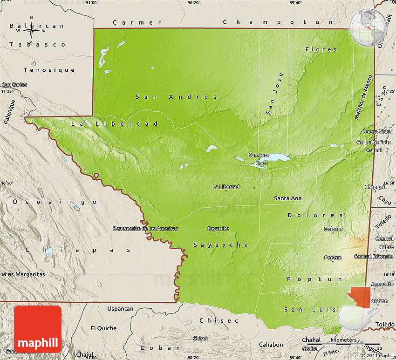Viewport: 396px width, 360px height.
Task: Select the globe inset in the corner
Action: click(x=369, y=27)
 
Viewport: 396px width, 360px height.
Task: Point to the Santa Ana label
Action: click(x=287, y=198)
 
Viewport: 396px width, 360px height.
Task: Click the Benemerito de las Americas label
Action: click(x=145, y=229)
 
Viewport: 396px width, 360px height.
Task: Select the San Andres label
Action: click(x=176, y=97)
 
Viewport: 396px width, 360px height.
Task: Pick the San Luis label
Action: click(x=302, y=310)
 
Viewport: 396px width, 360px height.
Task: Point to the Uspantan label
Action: click(x=120, y=309)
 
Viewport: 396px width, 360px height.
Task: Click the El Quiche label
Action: click(x=103, y=328)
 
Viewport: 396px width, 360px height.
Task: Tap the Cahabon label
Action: click(x=271, y=345)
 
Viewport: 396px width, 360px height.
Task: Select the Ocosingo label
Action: click(x=55, y=202)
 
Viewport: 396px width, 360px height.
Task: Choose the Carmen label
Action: click(x=138, y=22)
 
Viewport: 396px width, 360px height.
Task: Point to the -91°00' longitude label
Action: click(x=91, y=3)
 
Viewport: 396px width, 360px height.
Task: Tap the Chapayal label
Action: click(x=376, y=187)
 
